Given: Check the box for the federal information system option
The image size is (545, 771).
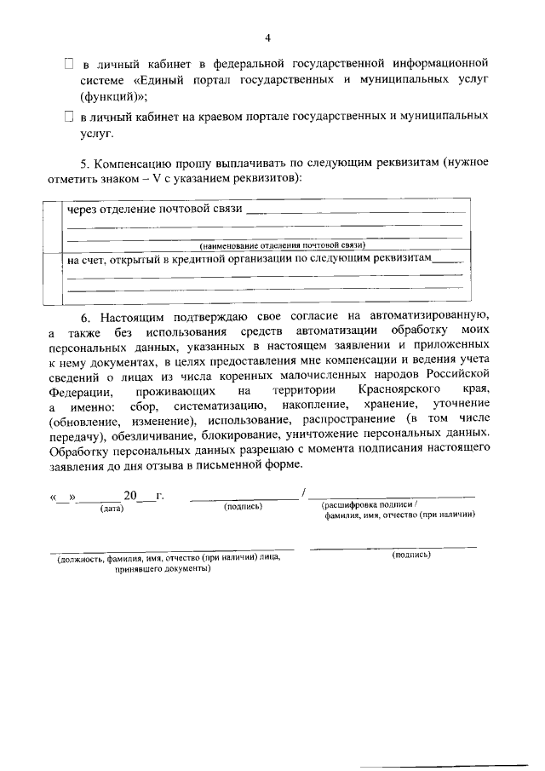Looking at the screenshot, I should pos(70,64).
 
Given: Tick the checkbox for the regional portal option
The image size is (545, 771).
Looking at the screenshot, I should pos(70,116).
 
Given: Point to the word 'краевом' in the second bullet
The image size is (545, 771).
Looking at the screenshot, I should pos(218,116).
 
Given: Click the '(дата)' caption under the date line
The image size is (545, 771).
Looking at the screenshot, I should pos(112,509).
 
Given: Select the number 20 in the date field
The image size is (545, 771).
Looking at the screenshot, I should pos(129,496).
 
